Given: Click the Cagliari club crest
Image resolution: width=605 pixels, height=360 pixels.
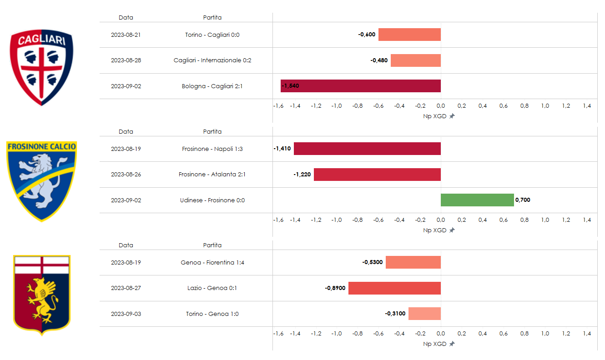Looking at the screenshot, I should (42, 68).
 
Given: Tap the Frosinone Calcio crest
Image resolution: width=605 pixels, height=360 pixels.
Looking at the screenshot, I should (42, 181).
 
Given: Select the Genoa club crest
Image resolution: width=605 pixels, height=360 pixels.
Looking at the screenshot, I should (42, 295).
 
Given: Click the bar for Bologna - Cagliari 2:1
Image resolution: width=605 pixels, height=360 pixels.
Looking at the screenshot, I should (360, 86).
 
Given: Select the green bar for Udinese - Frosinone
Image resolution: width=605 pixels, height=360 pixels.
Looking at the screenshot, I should (477, 200).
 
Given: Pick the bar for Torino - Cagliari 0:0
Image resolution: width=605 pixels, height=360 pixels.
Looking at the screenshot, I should (409, 35).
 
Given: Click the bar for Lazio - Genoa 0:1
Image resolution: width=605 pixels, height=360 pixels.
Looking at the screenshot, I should (394, 288).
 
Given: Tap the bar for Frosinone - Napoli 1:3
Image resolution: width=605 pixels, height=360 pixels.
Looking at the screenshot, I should (367, 149).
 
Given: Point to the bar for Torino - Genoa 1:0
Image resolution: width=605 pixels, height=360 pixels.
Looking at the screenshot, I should (424, 314).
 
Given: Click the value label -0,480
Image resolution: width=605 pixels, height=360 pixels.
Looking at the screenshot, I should (379, 60).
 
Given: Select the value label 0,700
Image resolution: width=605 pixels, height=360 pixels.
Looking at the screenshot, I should (523, 200).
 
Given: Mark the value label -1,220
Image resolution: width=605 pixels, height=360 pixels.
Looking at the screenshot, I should (302, 175).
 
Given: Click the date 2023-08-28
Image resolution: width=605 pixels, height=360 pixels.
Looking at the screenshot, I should (126, 60).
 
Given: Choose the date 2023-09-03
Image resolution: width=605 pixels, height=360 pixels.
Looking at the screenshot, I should (126, 314).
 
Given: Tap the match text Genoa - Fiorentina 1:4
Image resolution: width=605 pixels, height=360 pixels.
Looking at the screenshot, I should (212, 263).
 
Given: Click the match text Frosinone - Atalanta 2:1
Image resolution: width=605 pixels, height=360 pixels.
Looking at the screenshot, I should (212, 175).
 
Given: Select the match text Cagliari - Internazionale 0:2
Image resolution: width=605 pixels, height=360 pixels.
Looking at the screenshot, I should (212, 60).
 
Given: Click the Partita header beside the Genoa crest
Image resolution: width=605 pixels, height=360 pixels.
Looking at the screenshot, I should (212, 245).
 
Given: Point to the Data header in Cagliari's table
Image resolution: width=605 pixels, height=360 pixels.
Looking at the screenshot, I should (126, 18).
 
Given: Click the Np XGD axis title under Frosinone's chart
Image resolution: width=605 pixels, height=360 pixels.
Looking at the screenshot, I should (435, 230).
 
